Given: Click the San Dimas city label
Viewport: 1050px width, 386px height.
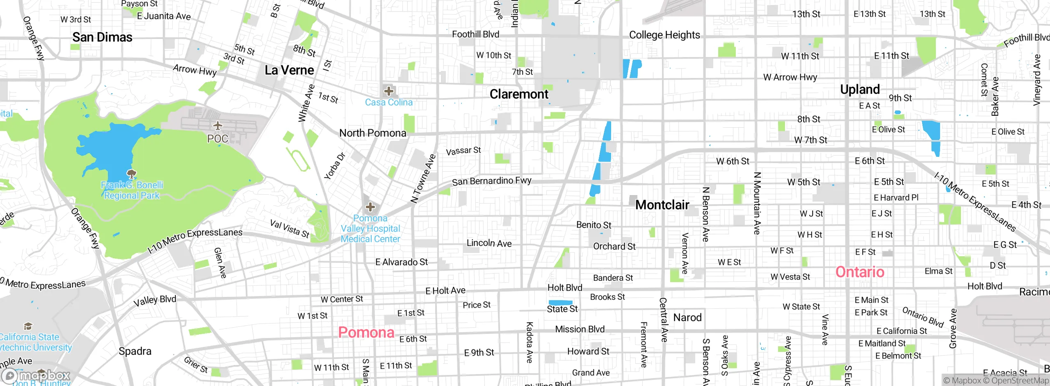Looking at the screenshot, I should tap(102, 37).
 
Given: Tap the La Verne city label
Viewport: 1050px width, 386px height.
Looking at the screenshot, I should tap(289, 70).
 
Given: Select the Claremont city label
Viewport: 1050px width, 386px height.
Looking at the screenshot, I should tap(519, 94).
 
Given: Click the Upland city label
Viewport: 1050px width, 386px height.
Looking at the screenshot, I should tap(860, 89).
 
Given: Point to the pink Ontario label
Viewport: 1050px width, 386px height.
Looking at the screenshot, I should tap(860, 272).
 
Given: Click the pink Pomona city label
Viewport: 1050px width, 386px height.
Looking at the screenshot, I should tap(366, 332).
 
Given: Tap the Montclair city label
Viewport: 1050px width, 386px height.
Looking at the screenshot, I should tap(662, 204).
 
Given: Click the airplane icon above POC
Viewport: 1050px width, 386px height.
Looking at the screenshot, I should tap(217, 125).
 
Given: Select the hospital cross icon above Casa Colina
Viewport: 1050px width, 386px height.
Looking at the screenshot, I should tap(388, 91).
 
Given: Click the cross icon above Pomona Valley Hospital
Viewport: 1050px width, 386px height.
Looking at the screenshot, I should tap(370, 207).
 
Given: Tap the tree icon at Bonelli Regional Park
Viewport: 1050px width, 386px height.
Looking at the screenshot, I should tap(131, 173).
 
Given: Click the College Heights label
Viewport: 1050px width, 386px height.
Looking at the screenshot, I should tap(664, 35).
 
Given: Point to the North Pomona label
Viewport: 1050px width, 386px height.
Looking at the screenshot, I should tap(372, 133).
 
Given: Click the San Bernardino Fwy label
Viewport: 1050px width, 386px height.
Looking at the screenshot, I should tap(491, 181).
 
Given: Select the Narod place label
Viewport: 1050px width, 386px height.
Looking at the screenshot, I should tap(687, 317).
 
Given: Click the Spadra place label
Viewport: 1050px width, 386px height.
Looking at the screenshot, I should tap(135, 351).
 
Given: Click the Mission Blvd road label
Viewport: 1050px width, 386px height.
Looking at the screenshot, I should tap(580, 329).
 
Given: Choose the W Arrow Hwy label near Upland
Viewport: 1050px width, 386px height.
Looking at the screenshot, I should tap(790, 77).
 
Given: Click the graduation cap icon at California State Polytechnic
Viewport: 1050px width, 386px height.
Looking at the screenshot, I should tap(28, 326).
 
